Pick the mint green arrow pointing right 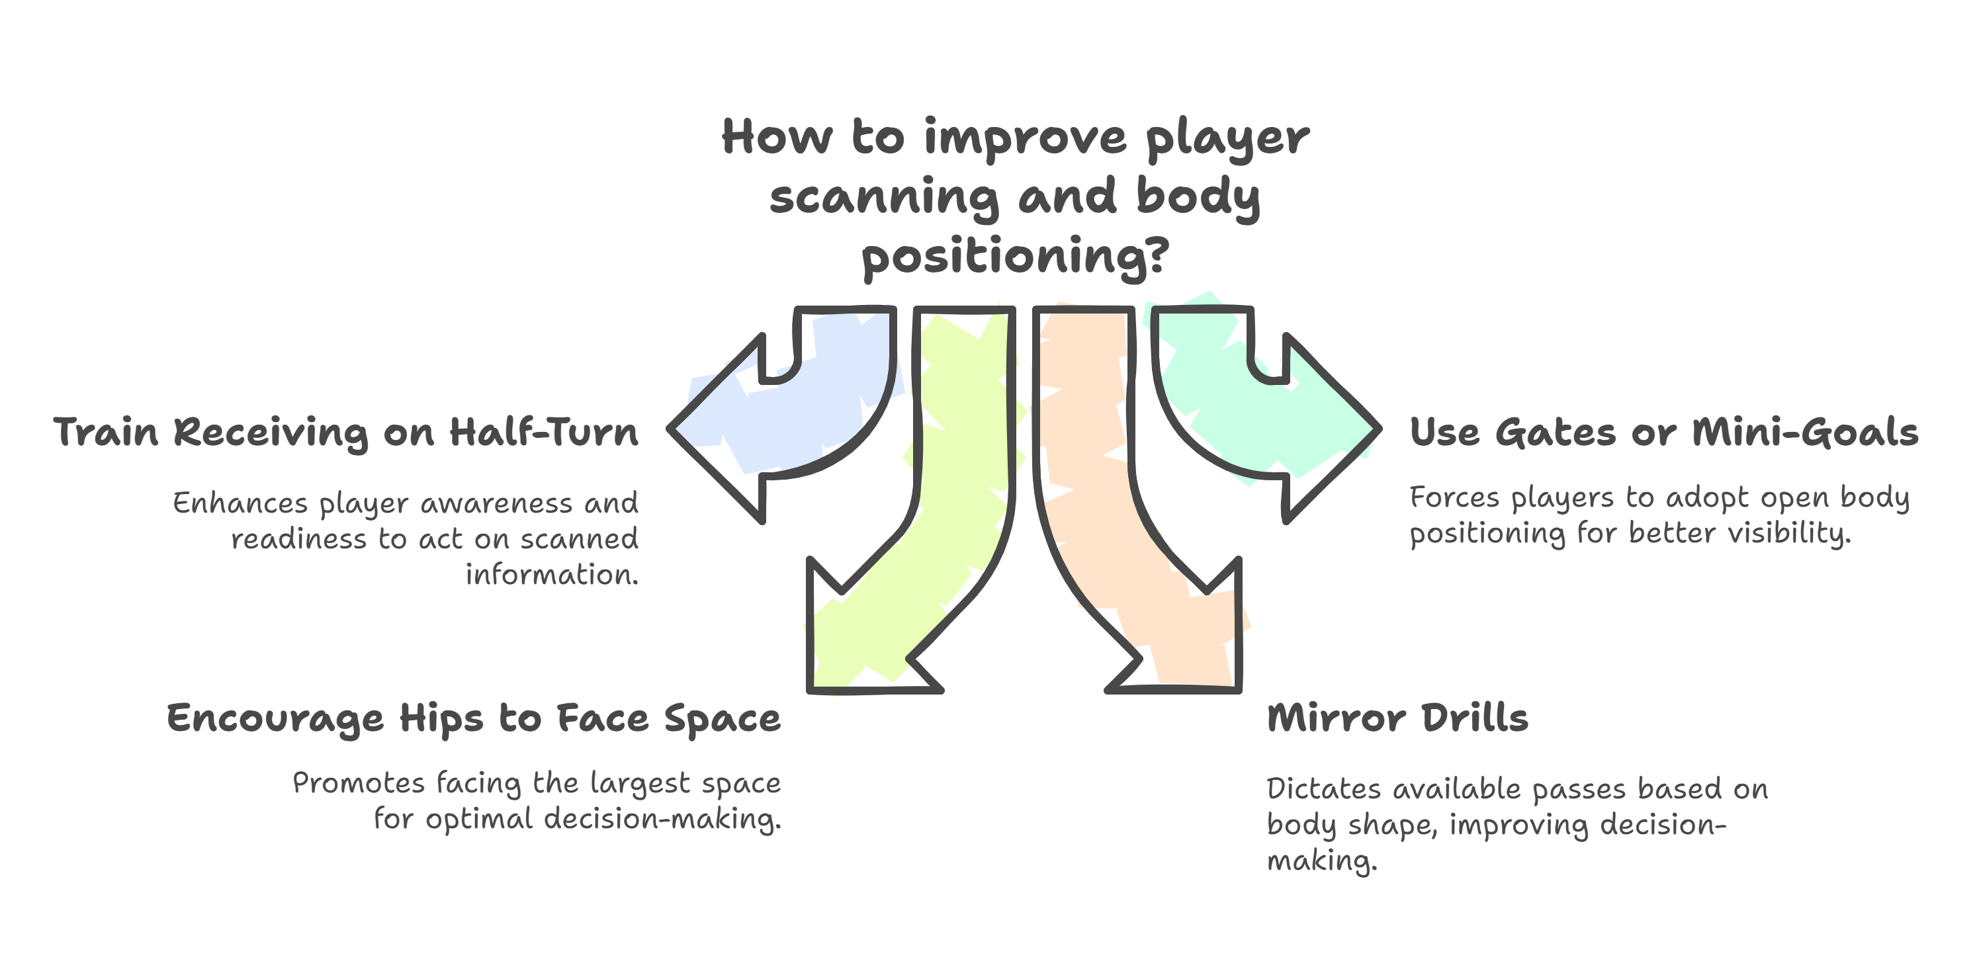[x=1258, y=415]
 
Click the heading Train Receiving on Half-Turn [x=345, y=432]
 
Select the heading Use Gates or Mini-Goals [x=1664, y=432]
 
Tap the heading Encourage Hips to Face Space [x=474, y=719]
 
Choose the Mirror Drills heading [x=1397, y=719]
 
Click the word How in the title [x=777, y=138]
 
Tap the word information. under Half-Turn [x=552, y=575]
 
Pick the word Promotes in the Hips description [x=359, y=784]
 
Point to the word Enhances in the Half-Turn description [x=240, y=503]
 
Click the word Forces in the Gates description [x=1454, y=498]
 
